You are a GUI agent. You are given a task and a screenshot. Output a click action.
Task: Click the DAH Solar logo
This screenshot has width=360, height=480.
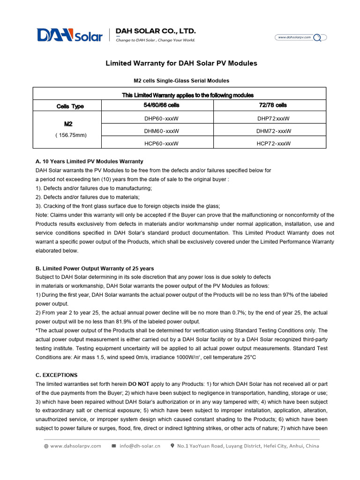click(x=69, y=35)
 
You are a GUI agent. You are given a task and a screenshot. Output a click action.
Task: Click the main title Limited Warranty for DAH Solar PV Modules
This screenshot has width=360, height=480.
click(x=181, y=63)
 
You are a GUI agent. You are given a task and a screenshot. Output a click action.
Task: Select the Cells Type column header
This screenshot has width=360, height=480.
click(x=70, y=106)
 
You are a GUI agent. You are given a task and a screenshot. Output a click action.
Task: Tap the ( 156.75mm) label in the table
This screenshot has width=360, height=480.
click(x=70, y=135)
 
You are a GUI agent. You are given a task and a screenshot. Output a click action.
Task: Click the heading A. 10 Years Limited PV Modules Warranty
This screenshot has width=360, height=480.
click(x=89, y=161)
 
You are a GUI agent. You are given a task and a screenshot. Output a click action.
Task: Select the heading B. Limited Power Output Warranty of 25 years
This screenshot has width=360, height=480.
click(x=94, y=269)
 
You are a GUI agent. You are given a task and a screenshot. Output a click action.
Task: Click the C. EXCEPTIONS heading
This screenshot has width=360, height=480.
click(x=56, y=375)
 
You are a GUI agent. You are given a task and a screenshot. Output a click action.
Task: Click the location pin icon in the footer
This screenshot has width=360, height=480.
click(x=172, y=446)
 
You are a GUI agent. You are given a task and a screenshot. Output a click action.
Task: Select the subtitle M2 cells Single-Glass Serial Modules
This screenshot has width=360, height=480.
click(x=181, y=81)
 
